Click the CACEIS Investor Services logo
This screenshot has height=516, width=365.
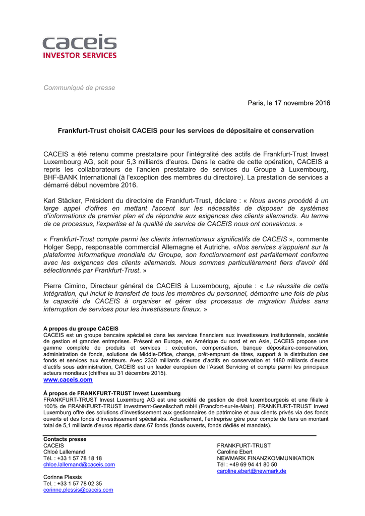click(79, 46)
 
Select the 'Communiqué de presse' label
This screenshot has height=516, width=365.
click(79, 88)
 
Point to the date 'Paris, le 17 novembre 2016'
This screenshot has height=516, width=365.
click(289, 103)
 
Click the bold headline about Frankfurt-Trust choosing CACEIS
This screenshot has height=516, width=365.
click(186, 131)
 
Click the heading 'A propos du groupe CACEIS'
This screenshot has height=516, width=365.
click(81, 329)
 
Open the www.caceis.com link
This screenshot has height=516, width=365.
click(68, 380)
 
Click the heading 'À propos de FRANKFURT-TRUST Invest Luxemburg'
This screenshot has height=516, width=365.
click(112, 393)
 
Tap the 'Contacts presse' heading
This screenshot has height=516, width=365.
click(65, 439)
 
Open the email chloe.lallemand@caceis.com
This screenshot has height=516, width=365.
click(79, 465)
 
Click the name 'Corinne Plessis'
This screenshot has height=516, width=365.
click(63, 477)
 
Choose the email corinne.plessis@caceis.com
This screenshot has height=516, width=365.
click(78, 490)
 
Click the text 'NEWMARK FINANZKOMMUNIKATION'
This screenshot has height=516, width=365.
click(266, 459)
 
